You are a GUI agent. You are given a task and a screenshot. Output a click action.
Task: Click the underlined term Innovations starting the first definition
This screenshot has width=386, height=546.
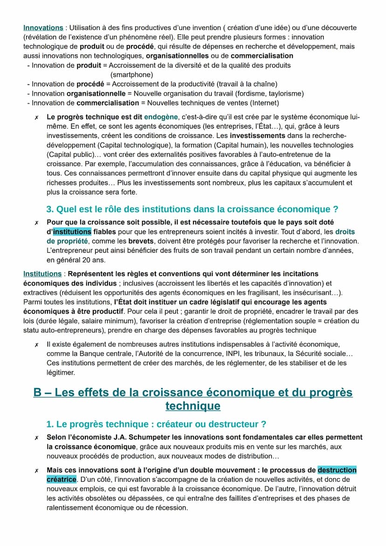43,28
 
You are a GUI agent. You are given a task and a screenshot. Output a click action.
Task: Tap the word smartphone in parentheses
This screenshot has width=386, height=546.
131,75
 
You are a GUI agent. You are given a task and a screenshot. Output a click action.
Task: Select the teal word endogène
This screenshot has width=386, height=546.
161,117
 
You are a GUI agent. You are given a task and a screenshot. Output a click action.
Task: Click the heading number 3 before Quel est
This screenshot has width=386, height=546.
50,209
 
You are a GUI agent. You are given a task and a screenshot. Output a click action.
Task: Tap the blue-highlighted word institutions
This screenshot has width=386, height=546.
72,232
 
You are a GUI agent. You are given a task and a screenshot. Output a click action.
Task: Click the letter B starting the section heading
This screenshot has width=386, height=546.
38,393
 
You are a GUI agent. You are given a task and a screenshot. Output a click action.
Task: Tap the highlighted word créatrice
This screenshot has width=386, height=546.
61,479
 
